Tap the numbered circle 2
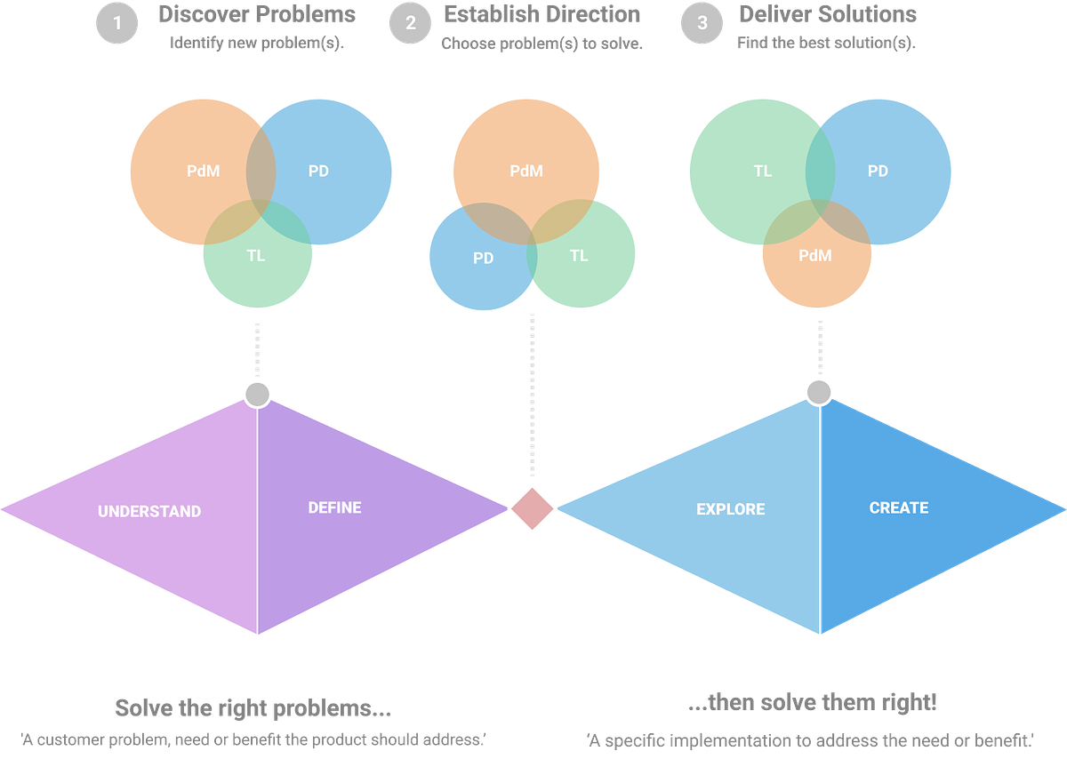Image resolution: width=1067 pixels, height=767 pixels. [410, 23]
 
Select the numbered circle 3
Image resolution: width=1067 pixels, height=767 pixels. [702, 23]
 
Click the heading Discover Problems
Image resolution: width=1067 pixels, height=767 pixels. [257, 14]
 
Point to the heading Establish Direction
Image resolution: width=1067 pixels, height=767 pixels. [542, 14]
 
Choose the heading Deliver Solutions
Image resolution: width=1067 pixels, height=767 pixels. [828, 14]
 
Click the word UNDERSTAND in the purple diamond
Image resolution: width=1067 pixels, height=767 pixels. [149, 511]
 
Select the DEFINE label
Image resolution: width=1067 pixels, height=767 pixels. [334, 507]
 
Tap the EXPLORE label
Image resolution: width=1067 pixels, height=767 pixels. [730, 509]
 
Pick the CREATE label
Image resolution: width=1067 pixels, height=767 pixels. [898, 507]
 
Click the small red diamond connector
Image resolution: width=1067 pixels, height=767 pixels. [533, 508]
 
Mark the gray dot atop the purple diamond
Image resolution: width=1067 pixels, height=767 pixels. [257, 393]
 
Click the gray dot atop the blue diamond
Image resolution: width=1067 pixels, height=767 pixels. [818, 391]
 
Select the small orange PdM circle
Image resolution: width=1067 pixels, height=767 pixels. [816, 256]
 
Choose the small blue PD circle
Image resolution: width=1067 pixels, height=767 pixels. [481, 259]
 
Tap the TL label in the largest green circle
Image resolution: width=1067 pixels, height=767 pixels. [762, 172]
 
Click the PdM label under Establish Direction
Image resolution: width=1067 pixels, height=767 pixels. [526, 172]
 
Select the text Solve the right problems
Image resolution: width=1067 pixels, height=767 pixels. [253, 708]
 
